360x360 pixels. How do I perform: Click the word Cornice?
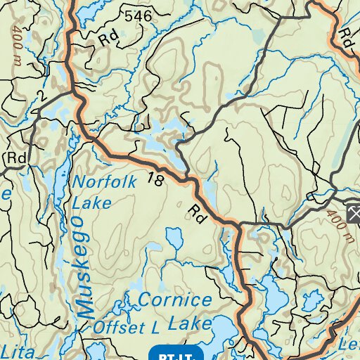point(174,300)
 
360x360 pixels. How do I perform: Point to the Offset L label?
point(124,328)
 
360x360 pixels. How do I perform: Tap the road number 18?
point(156,180)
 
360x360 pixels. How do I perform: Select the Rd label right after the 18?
point(198,212)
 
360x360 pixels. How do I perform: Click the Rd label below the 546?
point(108,39)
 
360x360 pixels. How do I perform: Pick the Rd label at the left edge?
point(15,158)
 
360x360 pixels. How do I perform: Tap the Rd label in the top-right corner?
point(346,34)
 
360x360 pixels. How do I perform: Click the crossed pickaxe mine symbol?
point(353,213)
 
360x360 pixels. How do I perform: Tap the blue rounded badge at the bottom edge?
point(176,352)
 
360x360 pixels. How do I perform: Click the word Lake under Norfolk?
point(92,204)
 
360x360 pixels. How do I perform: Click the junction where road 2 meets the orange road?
point(74,92)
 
